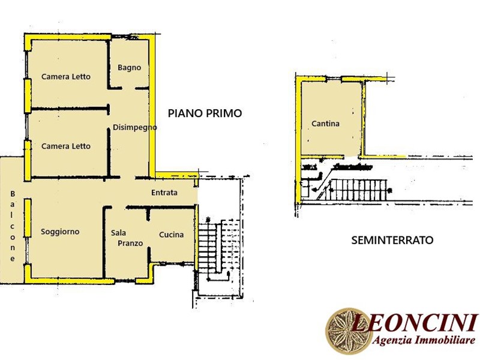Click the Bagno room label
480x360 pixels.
point(129,68)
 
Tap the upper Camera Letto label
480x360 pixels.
point(66,77)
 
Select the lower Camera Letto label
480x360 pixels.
point(66,146)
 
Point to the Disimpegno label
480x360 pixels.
point(134,127)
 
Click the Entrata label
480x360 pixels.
point(164,193)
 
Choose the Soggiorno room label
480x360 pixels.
point(60,232)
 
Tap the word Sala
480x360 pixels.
point(118,233)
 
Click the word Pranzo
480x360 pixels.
point(130,244)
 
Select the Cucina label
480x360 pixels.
point(172,235)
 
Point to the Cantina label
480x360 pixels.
point(325,124)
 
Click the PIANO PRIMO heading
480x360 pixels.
point(205,113)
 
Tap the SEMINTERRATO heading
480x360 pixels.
point(392,240)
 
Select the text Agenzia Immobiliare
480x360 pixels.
point(424,340)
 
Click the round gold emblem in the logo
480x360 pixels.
point(345,331)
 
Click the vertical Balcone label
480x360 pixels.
point(13,226)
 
